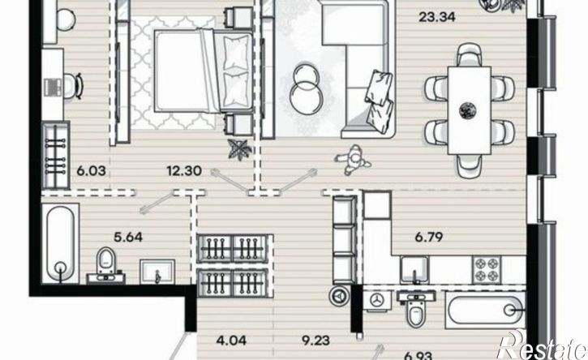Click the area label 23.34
pyautogui.click(x=436, y=17)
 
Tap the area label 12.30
pyautogui.click(x=184, y=171)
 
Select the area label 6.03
pyautogui.click(x=91, y=171)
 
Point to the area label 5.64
pyautogui.click(x=128, y=237)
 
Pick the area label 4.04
pyautogui.click(x=232, y=341)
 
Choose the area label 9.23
pyautogui.click(x=315, y=341)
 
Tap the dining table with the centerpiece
pyautogui.click(x=470, y=110)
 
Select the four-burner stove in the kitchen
pyautogui.click(x=487, y=269)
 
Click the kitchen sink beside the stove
pyautogui.click(x=414, y=270)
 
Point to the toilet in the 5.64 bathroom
pyautogui.click(x=105, y=263)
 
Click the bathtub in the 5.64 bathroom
pyautogui.click(x=60, y=243)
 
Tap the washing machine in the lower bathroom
pyautogui.click(x=377, y=300)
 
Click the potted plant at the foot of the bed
pyautogui.click(x=240, y=149)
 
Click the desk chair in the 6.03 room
pyautogui.click(x=74, y=85)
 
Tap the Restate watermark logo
pyautogui.click(x=541, y=345)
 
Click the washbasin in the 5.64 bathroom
pyautogui.click(x=157, y=272)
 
